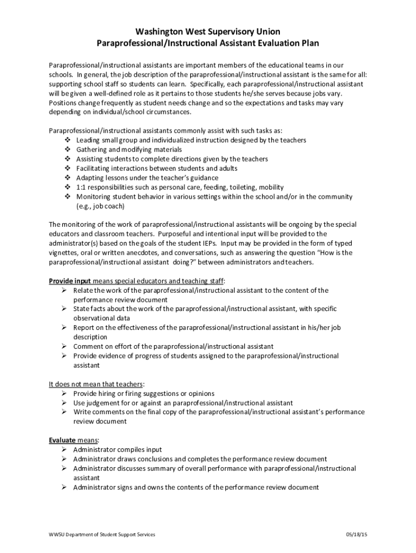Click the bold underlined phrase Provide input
coord(70,281)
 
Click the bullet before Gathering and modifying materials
coord(68,150)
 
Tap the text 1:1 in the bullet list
coord(81,187)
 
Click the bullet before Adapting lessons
coord(68,178)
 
